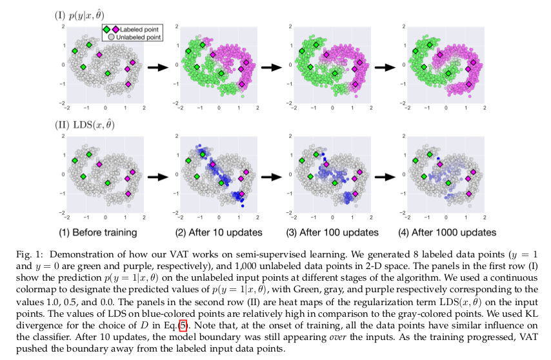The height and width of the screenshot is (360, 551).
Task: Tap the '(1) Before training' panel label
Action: (x=97, y=232)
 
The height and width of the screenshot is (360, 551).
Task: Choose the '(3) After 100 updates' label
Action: (x=329, y=232)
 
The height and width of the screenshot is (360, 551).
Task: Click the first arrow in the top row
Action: (x=157, y=66)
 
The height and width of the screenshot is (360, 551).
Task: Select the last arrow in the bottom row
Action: (x=386, y=175)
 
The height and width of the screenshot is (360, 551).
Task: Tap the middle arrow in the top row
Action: (x=272, y=66)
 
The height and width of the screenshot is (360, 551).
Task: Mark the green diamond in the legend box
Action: (x=107, y=29)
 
